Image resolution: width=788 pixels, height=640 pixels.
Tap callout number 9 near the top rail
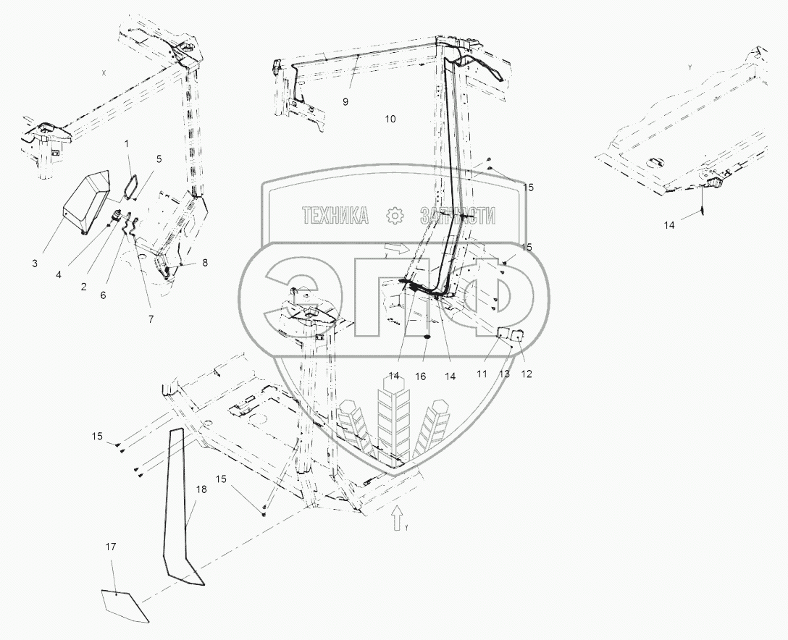[345, 102]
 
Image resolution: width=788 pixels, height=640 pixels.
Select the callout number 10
[390, 119]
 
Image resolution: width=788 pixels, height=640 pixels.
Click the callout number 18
[201, 490]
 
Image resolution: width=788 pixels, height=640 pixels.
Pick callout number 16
[422, 376]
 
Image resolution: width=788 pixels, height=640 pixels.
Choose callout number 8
[205, 263]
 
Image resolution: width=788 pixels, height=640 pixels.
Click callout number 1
[127, 145]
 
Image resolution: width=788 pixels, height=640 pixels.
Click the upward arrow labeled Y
[396, 518]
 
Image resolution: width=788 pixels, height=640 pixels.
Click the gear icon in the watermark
[394, 215]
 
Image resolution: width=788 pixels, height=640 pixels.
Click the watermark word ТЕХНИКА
[335, 215]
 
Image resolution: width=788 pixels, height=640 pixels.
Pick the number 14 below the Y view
[669, 225]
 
